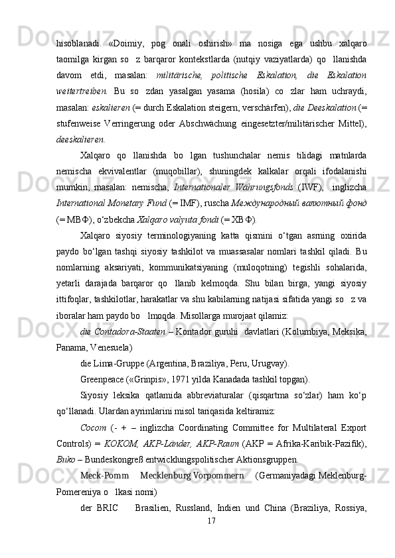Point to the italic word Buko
(65, 458)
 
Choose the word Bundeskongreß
(114, 458)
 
